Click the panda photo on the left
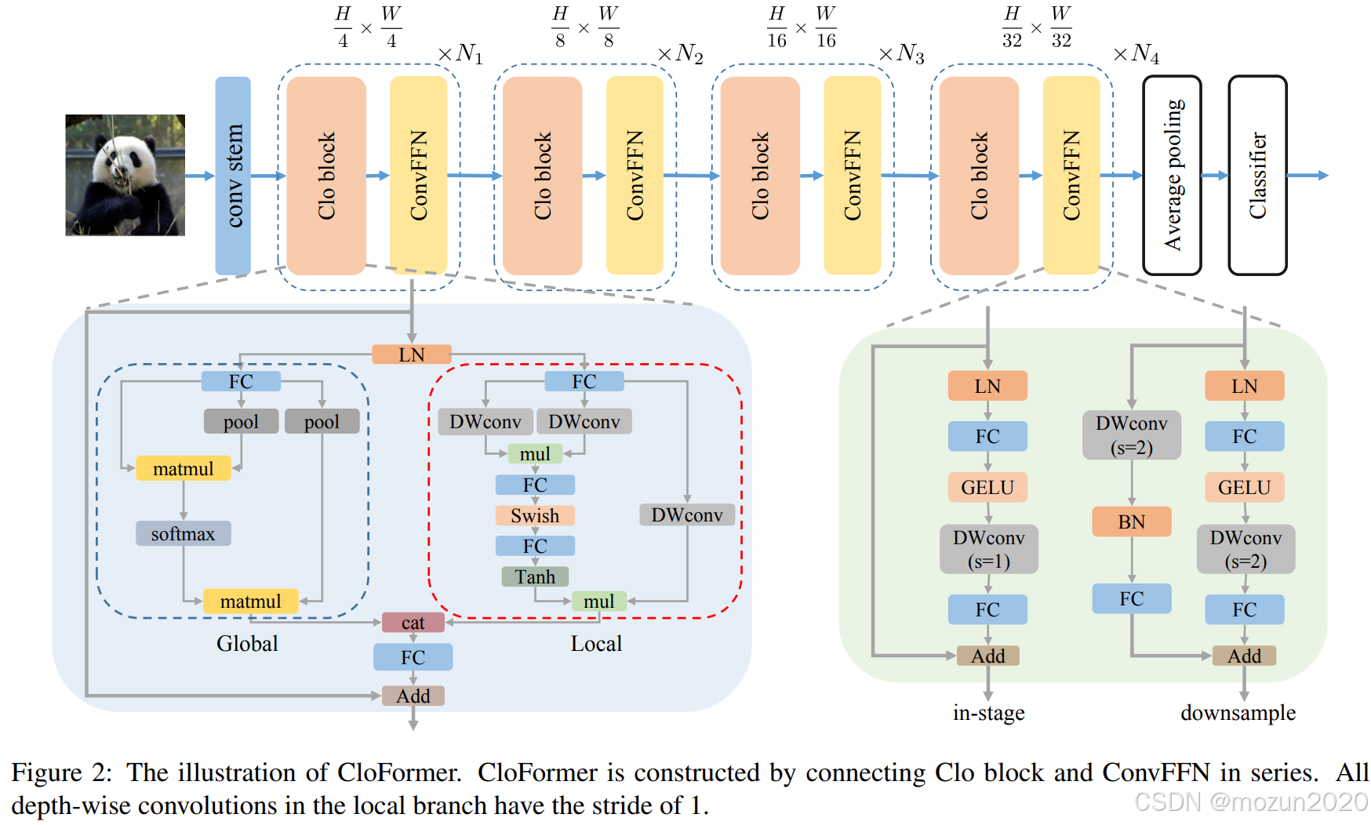click(x=125, y=175)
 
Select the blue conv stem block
click(x=233, y=175)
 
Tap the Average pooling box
click(x=1172, y=175)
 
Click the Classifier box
click(x=1257, y=175)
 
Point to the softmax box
click(x=183, y=534)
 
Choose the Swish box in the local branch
click(x=535, y=516)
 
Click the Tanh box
click(x=535, y=577)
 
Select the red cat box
click(x=413, y=623)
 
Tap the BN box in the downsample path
click(x=1131, y=522)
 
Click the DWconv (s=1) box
click(x=988, y=549)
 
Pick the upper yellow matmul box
click(x=183, y=469)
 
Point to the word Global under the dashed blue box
click(x=247, y=644)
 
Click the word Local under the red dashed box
click(x=596, y=644)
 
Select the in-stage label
click(x=988, y=713)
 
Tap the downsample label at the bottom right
click(x=1238, y=713)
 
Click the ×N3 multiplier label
click(x=902, y=53)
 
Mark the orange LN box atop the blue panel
click(x=412, y=354)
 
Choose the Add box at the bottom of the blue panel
click(x=413, y=696)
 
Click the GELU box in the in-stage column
click(x=987, y=488)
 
